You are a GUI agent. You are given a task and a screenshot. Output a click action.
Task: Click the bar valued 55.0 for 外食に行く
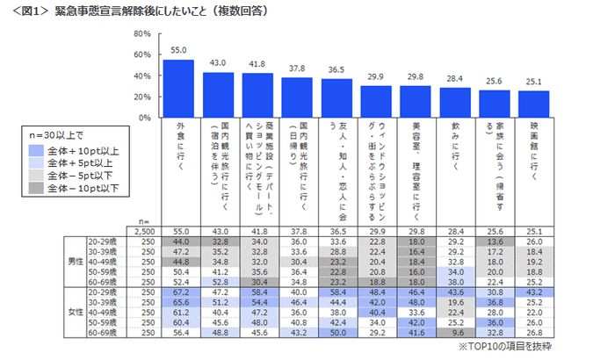tap(179, 89)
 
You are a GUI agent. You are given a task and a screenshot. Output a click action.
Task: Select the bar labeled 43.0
tap(219, 95)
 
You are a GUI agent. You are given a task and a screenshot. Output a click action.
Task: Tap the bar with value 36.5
tap(336, 98)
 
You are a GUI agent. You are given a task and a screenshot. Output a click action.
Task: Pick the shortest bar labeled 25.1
tap(534, 104)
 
